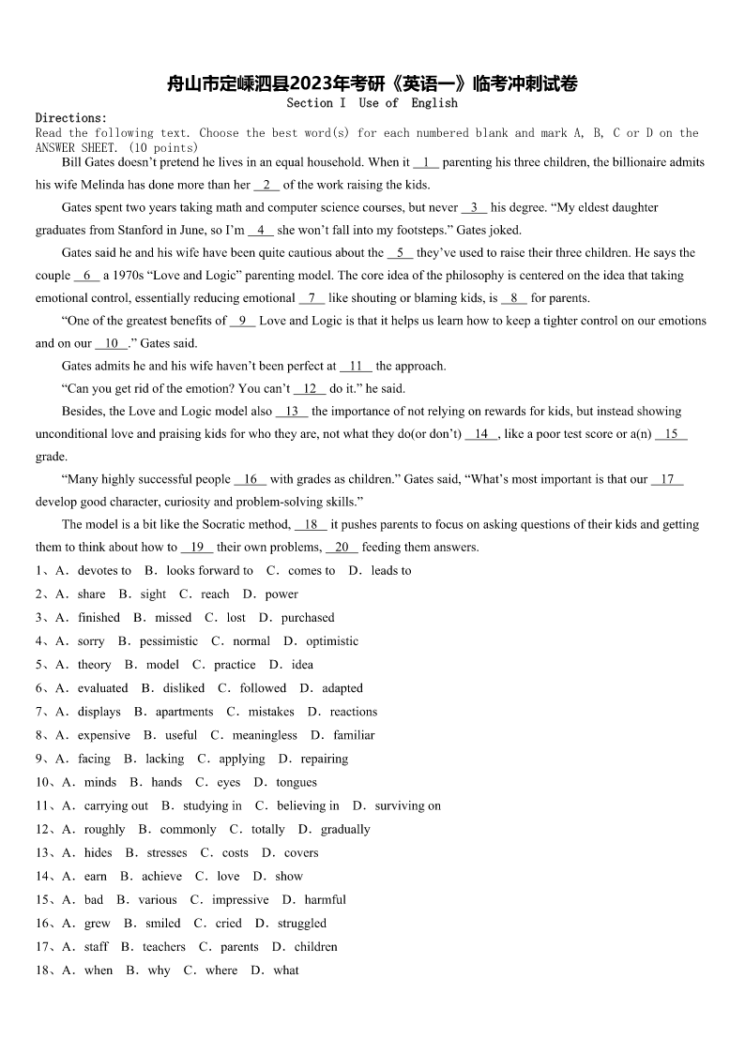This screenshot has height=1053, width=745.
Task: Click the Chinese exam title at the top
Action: point(372,83)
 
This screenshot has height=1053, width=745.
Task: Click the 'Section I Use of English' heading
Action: point(372,103)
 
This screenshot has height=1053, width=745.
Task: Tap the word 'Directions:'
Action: point(71,118)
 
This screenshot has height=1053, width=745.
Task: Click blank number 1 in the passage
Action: point(426,162)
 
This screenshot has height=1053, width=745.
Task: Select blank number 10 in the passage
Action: point(112,343)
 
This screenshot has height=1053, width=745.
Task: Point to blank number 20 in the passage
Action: point(342,547)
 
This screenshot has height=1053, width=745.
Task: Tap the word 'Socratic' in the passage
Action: point(228,524)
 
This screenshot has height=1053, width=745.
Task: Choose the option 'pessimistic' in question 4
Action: point(169,641)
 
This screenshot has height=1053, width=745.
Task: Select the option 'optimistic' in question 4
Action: point(332,641)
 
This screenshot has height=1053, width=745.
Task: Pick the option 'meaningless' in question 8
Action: point(265,735)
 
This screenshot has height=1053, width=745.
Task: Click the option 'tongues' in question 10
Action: point(296,782)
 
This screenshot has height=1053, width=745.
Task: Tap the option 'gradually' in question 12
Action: point(345,829)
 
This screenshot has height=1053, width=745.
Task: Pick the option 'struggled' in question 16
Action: point(302,923)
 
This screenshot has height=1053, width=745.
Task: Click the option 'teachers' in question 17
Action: point(164,946)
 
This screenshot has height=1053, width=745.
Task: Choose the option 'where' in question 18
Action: point(221,970)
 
